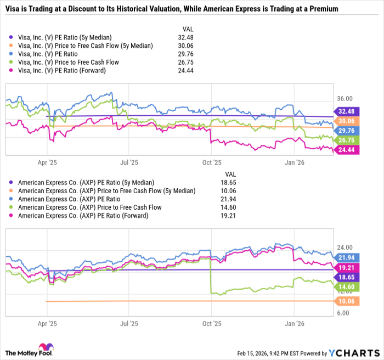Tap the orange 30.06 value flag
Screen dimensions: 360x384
click(x=346, y=121)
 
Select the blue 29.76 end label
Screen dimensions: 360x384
click(x=346, y=131)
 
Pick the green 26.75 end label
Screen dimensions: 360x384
click(x=346, y=140)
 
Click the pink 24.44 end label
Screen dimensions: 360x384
click(x=346, y=150)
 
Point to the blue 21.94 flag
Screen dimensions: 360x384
click(x=346, y=257)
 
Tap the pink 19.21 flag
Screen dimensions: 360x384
click(x=346, y=267)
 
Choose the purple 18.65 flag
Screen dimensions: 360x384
click(x=346, y=278)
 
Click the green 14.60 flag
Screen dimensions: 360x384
click(x=346, y=287)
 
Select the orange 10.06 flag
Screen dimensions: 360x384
click(x=346, y=301)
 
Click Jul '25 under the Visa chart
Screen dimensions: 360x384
click(x=129, y=162)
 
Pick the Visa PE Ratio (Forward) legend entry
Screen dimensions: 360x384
click(x=68, y=71)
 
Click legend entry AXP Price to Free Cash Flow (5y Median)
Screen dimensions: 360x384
click(x=106, y=190)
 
